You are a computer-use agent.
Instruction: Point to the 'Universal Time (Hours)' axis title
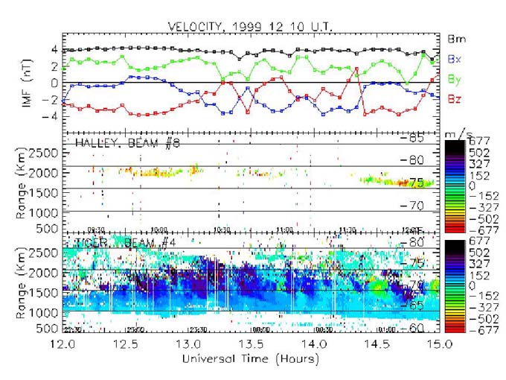click(x=253, y=359)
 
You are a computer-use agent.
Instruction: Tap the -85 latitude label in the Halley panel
click(x=412, y=139)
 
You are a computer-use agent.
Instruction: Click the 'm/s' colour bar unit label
click(x=463, y=132)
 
